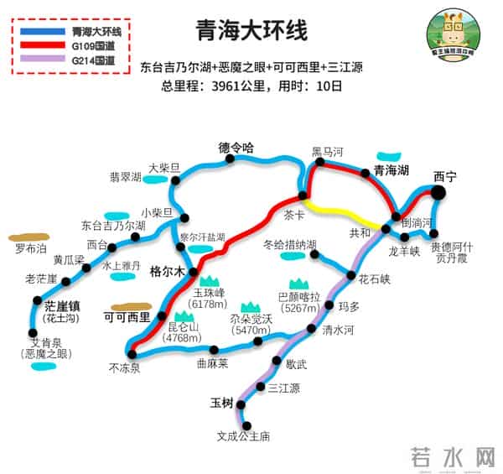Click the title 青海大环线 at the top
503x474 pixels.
pyautogui.click(x=251, y=31)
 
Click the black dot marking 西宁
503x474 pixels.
pyautogui.click(x=438, y=193)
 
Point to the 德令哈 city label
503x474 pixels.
pyautogui.click(x=236, y=148)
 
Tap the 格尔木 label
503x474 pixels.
pyautogui.click(x=167, y=272)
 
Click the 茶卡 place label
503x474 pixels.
pyautogui.click(x=295, y=214)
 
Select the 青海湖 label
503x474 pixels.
pyautogui.click(x=392, y=170)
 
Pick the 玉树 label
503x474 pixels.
pyautogui.click(x=222, y=403)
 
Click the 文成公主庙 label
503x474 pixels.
pyautogui.click(x=243, y=436)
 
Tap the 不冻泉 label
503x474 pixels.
pyautogui.click(x=124, y=367)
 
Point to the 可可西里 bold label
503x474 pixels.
pyautogui.click(x=127, y=318)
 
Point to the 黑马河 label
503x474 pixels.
pyautogui.click(x=328, y=152)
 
